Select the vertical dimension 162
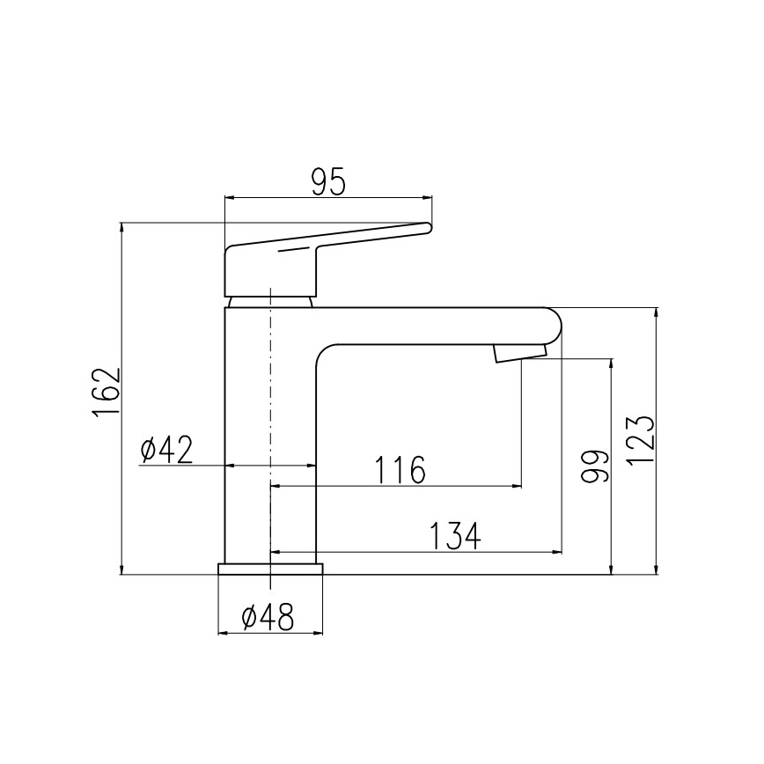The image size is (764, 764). coord(106,393)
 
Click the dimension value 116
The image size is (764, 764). coord(400,470)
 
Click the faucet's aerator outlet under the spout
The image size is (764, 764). coord(519,353)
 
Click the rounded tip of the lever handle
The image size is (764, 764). coord(428,228)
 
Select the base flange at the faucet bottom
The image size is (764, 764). coord(270,568)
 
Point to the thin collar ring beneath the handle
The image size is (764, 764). coord(270,301)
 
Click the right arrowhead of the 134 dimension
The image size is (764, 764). coord(557,552)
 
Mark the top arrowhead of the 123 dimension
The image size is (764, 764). coord(656,312)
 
